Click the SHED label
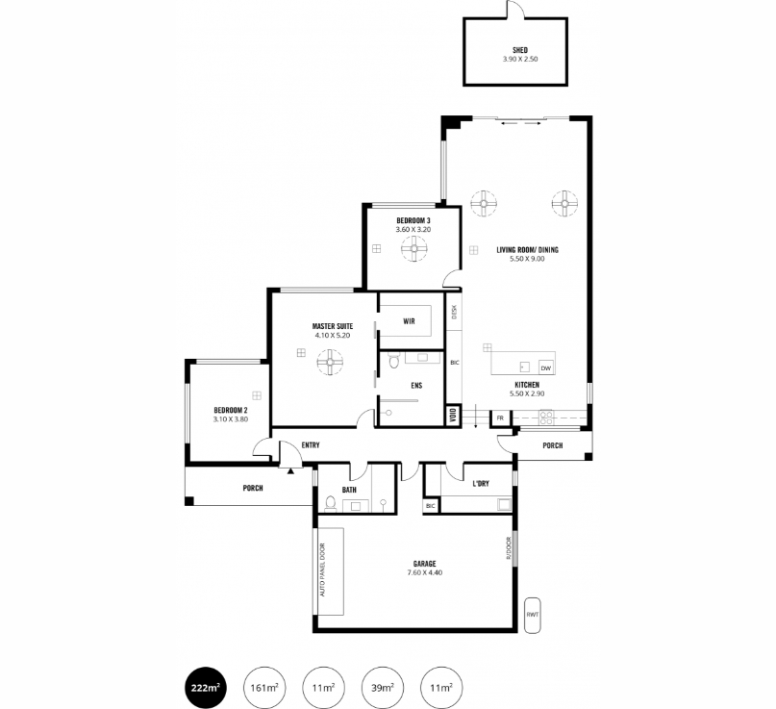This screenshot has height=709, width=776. click(520, 50)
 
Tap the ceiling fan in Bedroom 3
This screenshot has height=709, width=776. click(413, 248)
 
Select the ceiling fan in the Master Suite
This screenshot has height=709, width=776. click(330, 362)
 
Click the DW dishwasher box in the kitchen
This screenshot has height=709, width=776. click(546, 367)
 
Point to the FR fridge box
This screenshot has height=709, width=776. click(500, 418)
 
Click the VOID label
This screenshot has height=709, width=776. click(453, 415)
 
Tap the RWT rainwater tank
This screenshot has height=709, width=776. click(532, 615)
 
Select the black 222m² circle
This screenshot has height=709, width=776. click(206, 688)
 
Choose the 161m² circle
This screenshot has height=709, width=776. click(264, 688)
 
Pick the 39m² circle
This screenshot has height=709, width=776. click(383, 688)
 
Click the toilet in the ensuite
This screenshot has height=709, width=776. click(394, 360)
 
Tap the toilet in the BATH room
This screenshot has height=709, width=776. click(330, 503)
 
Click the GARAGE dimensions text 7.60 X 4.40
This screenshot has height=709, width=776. click(425, 572)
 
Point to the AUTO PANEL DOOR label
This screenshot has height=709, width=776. click(323, 570)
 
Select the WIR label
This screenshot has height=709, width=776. click(409, 321)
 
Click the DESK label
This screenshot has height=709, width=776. click(454, 312)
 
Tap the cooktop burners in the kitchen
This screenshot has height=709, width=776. click(546, 418)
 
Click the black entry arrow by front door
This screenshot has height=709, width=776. click(290, 470)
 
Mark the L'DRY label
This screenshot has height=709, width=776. click(481, 483)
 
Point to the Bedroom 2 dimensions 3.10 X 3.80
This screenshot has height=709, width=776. click(231, 418)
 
